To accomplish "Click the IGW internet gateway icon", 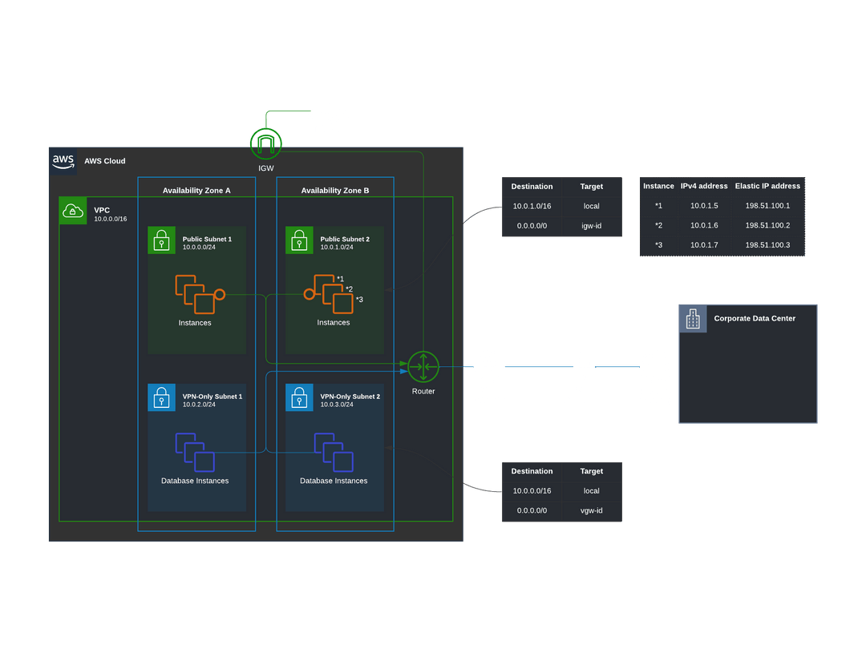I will pyautogui.click(x=266, y=143).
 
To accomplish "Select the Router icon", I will pyautogui.click(x=423, y=367).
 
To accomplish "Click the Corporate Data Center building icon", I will pyautogui.click(x=694, y=319).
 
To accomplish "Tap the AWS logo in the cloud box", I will pyautogui.click(x=63, y=160).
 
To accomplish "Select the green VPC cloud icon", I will pyautogui.click(x=73, y=211).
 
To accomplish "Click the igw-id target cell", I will pyautogui.click(x=592, y=226).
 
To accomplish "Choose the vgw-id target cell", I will pyautogui.click(x=592, y=510).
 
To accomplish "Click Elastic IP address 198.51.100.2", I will pyautogui.click(x=767, y=225).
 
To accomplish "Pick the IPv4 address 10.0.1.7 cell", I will pyautogui.click(x=704, y=245).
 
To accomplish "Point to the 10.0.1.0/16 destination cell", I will pyautogui.click(x=532, y=206).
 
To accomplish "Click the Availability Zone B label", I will pyautogui.click(x=335, y=191).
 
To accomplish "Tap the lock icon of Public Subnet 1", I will pyautogui.click(x=161, y=240).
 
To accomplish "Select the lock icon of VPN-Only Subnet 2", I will pyautogui.click(x=299, y=397).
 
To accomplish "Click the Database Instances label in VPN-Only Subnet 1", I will pyautogui.click(x=195, y=481).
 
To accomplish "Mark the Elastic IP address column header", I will pyautogui.click(x=767, y=186).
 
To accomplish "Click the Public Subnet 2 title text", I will pyautogui.click(x=345, y=239).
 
